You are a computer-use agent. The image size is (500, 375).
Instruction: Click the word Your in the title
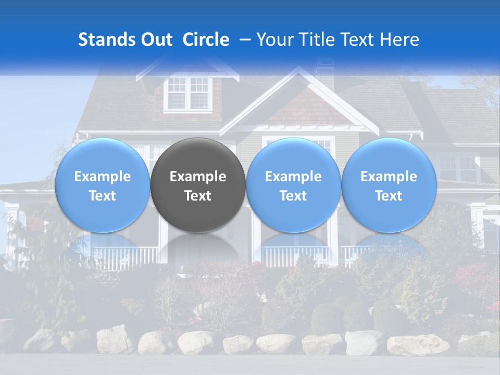274,40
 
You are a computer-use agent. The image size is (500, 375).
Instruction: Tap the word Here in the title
399,40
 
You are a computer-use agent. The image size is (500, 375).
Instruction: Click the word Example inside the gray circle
198,177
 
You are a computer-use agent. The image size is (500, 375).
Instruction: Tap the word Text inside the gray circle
198,196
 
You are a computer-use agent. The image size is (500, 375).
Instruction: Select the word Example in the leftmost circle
102,177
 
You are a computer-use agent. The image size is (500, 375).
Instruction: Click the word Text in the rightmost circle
389,196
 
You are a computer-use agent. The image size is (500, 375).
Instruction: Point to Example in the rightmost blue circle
389,177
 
